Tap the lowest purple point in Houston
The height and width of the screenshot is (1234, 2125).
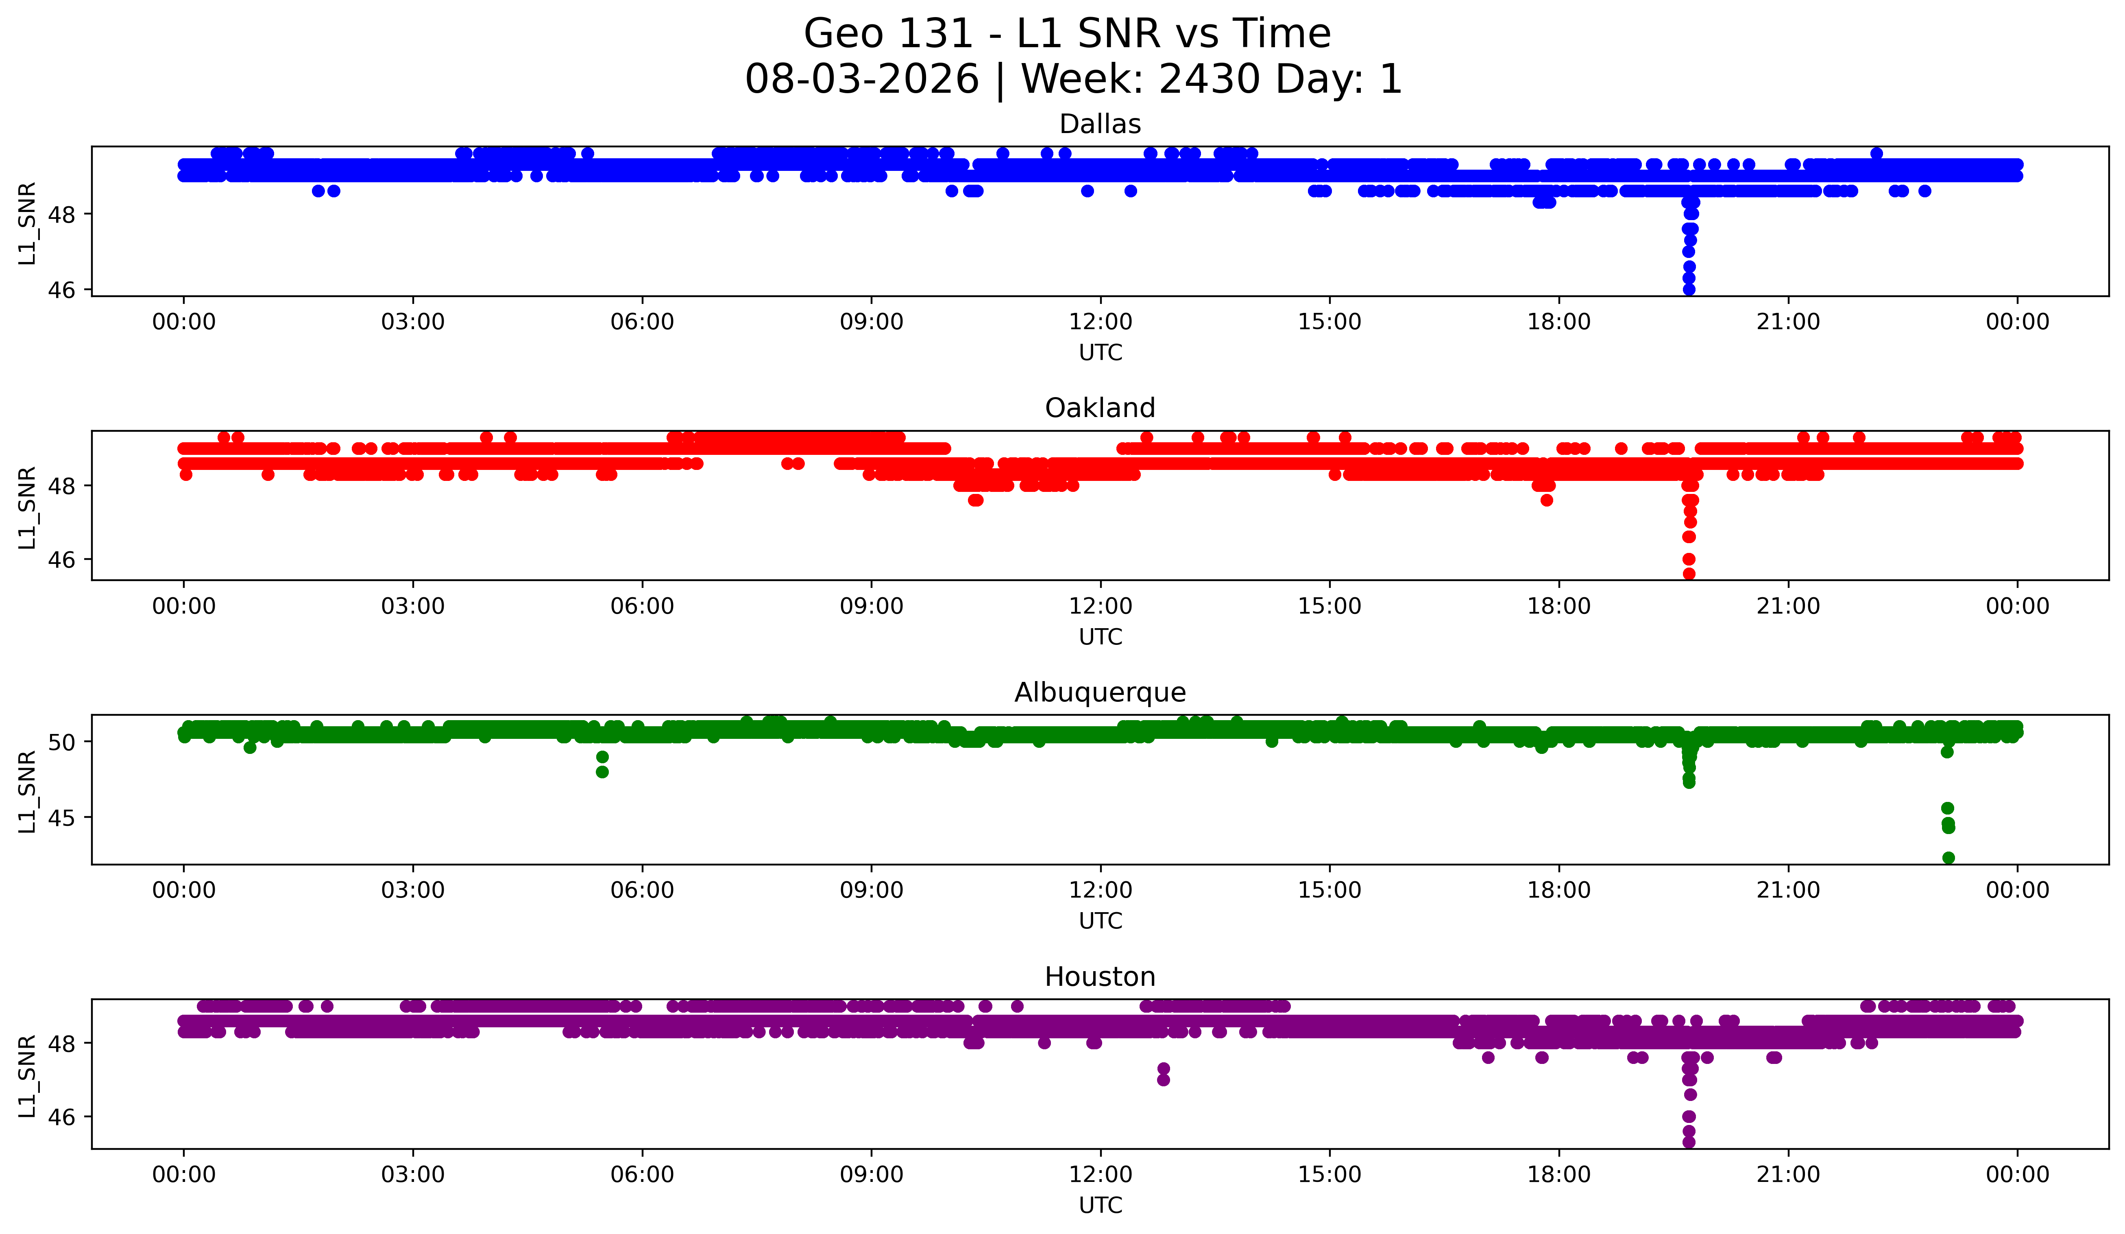coord(1689,1142)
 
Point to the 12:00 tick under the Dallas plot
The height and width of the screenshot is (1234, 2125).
coord(1101,322)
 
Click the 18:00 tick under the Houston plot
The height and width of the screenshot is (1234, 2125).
coord(1559,1174)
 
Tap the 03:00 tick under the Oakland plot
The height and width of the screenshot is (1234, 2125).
coord(413,607)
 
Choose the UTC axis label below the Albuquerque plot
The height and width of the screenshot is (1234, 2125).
coord(1101,921)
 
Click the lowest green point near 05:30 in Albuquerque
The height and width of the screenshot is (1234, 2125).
coord(602,772)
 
